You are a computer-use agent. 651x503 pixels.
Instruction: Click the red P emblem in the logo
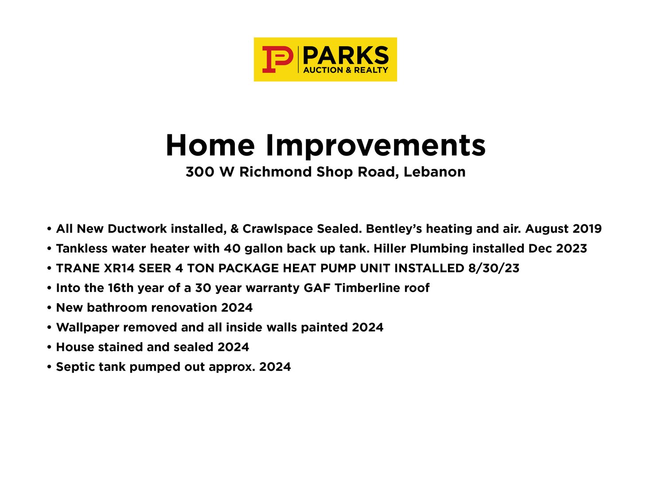coord(277,59)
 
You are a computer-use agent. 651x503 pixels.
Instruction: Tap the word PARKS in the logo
coord(346,55)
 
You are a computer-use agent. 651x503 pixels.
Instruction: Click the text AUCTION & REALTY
coord(346,70)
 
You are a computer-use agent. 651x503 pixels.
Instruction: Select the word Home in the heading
coord(210,145)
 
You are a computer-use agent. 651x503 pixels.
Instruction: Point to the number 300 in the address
coord(200,172)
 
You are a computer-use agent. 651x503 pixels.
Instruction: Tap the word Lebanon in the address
coord(434,172)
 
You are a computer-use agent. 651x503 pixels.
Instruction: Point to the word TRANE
coord(78,269)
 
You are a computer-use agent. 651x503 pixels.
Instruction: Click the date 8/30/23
coord(494,269)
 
